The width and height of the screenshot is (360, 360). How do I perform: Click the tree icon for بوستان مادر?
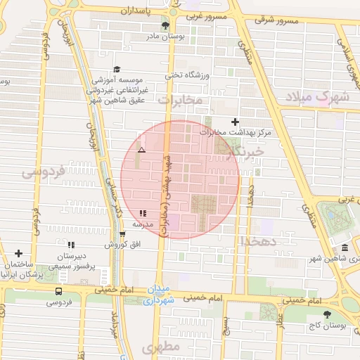click(165, 25)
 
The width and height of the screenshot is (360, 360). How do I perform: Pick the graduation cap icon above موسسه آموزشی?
click(117, 70)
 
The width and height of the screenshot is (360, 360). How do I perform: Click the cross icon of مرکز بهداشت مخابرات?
click(235, 122)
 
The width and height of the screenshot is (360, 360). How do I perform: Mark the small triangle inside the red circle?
click(141, 150)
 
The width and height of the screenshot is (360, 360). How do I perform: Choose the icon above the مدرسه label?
click(143, 212)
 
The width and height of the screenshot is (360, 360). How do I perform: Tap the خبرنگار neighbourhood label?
click(250, 151)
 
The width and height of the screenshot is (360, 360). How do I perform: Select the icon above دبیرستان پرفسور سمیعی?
click(70, 245)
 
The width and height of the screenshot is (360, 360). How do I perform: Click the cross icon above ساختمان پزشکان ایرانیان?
click(18, 253)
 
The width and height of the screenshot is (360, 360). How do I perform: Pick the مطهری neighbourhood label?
click(161, 347)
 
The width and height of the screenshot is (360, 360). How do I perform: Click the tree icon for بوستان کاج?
click(326, 314)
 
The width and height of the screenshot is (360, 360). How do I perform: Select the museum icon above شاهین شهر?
click(344, 248)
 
